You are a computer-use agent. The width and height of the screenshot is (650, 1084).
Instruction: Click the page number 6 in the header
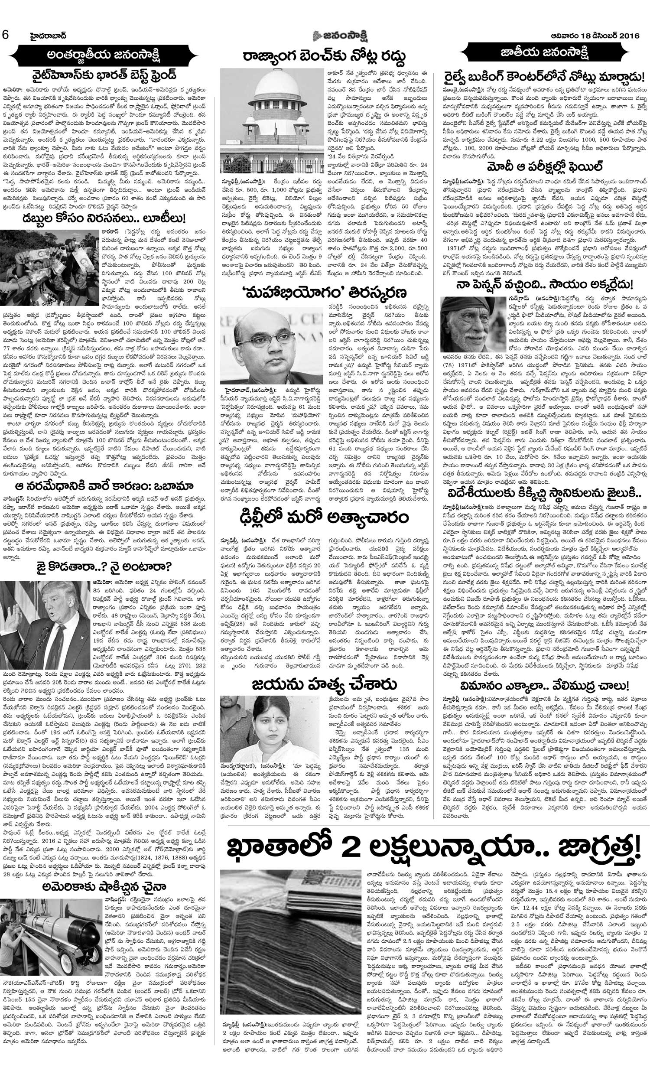(5, 35)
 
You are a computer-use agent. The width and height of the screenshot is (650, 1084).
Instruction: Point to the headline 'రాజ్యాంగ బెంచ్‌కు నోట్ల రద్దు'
(325, 56)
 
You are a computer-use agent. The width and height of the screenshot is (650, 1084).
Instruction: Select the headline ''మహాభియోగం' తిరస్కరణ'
(325, 292)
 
